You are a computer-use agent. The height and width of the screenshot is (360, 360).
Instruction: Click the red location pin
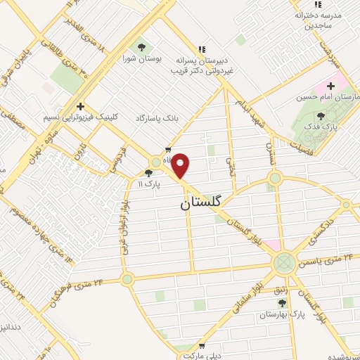pos(181,166)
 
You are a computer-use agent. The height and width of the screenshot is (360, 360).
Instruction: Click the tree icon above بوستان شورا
pos(142,47)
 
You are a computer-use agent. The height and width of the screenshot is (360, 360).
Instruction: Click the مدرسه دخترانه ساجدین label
pos(317,20)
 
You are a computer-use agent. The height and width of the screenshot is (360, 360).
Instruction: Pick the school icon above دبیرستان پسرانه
pos(201,49)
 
